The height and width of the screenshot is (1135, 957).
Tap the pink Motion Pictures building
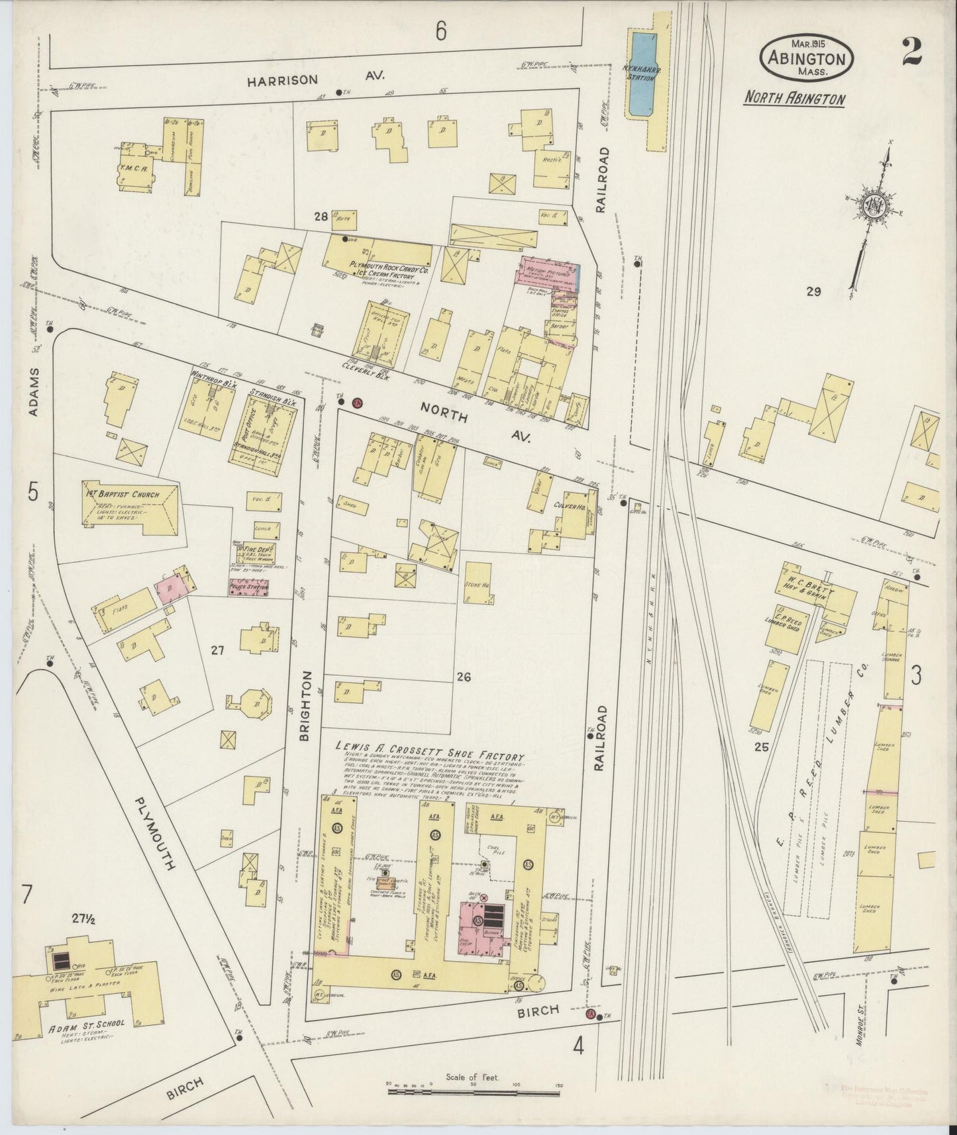(x=549, y=273)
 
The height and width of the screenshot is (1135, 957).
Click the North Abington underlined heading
(x=794, y=99)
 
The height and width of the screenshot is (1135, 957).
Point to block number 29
(x=813, y=291)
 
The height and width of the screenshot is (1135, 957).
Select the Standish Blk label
(x=270, y=395)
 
